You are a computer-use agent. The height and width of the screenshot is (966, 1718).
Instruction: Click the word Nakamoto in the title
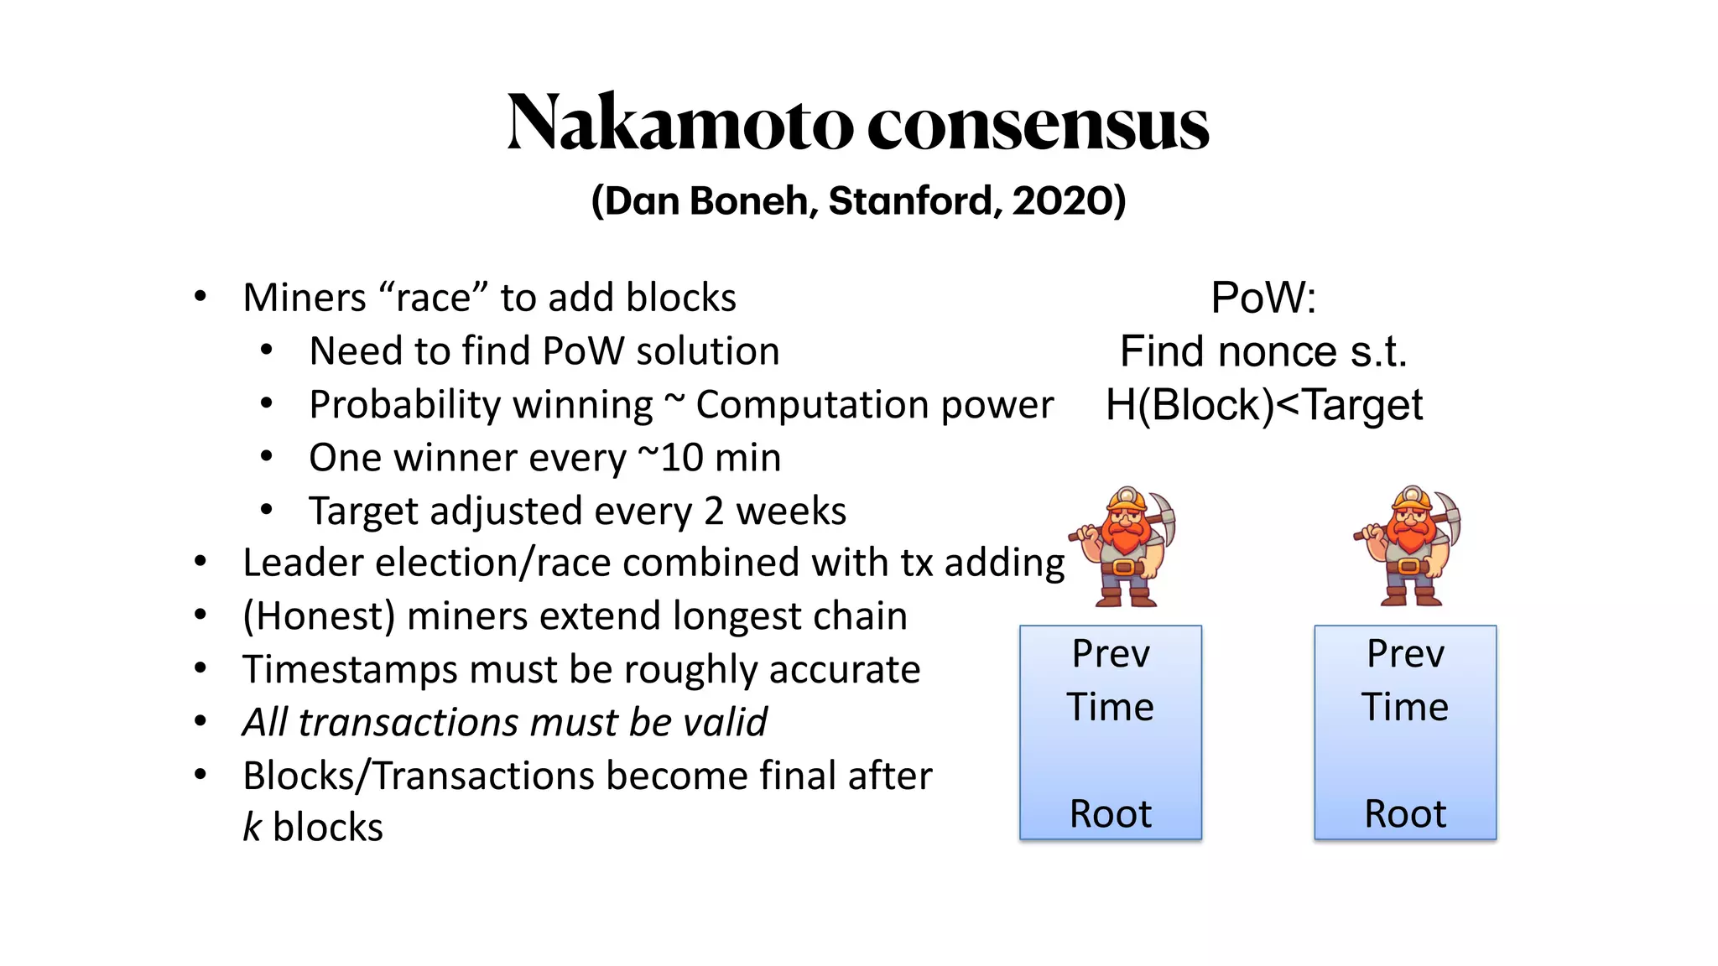[679, 124]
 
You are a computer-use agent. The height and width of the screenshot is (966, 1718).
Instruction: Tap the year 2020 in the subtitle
[1062, 201]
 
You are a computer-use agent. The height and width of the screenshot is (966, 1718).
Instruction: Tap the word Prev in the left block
[1111, 654]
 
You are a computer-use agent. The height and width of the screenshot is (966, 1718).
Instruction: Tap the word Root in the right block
[1405, 814]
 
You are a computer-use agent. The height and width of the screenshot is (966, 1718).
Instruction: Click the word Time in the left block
[1111, 708]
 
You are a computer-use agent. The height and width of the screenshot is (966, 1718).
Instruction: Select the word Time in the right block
[1405, 708]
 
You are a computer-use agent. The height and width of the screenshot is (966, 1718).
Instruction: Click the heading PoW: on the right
[1263, 298]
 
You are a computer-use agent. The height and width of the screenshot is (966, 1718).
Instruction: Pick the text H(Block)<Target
[1263, 405]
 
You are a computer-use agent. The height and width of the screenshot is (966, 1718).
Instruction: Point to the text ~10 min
[709, 458]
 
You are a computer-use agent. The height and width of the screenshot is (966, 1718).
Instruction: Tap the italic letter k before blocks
[252, 827]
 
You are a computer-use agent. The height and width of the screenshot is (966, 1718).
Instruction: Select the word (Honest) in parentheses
[319, 616]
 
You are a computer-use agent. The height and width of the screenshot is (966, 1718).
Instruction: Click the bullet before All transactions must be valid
[200, 721]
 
